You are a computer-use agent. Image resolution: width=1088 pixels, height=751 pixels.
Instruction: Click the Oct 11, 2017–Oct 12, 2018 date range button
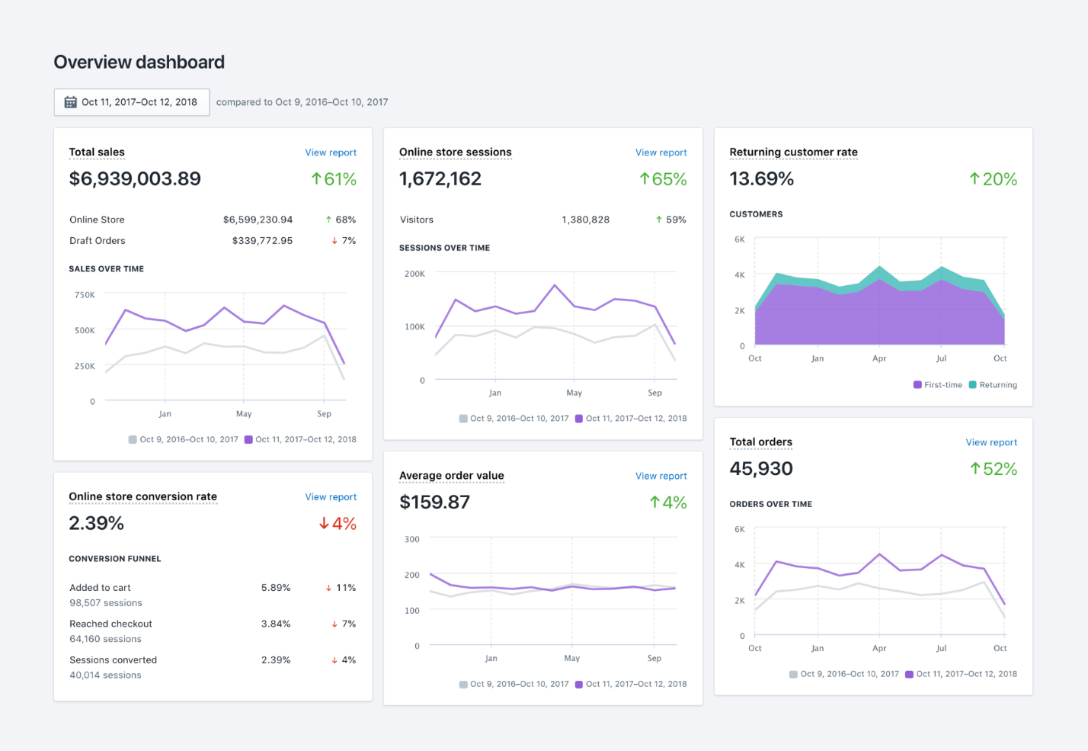[131, 102]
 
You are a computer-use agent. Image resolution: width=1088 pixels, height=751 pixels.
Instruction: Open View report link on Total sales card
[331, 152]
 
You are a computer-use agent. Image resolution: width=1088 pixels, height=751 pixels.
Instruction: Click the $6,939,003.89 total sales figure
[135, 179]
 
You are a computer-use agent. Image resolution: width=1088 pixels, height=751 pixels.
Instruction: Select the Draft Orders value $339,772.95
[262, 241]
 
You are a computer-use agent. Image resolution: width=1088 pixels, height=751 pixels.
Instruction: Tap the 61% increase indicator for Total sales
[334, 179]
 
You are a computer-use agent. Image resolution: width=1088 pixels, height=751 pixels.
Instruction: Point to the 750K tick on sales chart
[85, 295]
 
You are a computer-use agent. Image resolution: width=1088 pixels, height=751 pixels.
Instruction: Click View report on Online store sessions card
[661, 152]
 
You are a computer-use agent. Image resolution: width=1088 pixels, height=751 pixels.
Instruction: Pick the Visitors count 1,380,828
[585, 220]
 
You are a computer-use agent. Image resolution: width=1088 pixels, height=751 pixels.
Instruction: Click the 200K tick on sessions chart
[414, 274]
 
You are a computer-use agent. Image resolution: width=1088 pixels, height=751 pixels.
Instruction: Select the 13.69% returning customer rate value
[761, 179]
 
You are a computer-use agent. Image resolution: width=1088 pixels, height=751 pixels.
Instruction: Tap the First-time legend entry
[938, 385]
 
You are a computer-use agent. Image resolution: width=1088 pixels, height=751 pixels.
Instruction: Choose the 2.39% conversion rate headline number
[96, 524]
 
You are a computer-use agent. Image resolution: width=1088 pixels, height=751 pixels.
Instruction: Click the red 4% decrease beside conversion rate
[338, 524]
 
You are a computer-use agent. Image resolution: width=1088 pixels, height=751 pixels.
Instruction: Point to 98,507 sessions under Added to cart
[105, 603]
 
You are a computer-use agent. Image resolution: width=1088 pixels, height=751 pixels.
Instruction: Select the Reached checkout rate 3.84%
[276, 624]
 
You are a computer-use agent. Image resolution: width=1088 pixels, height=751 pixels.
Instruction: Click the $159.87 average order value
[434, 502]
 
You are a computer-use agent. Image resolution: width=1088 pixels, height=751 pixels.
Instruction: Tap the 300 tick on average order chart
[411, 539]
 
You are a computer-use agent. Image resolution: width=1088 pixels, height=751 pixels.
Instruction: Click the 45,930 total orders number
[761, 469]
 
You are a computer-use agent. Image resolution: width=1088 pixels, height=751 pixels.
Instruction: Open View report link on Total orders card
[991, 442]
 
